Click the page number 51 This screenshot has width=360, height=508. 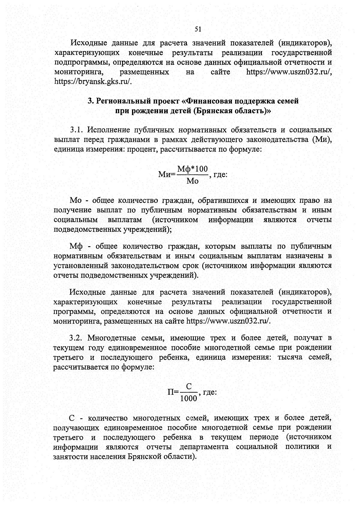coord(198,29)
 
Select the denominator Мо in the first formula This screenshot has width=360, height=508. coord(192,181)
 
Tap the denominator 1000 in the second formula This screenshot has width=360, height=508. coord(188,399)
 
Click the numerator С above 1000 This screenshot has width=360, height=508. coord(189,387)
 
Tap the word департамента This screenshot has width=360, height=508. coord(204,447)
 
